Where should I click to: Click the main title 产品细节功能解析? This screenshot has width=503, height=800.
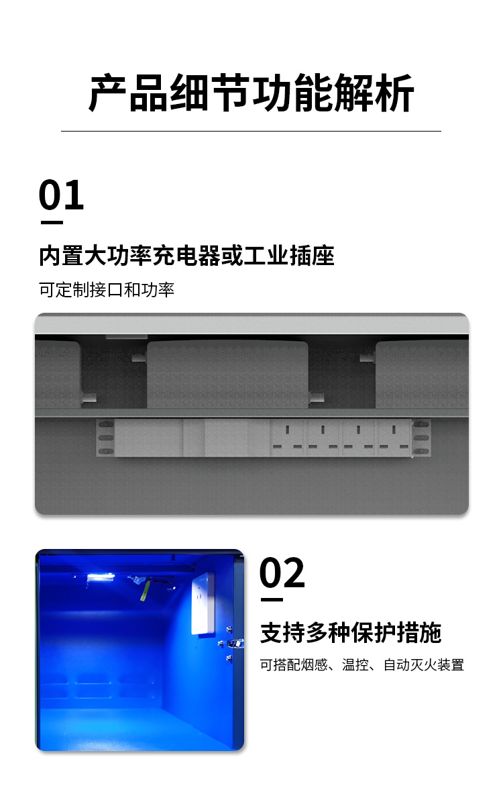pos(251,93)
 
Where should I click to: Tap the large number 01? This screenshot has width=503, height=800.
pos(61,195)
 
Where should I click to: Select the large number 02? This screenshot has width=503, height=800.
pos(282,572)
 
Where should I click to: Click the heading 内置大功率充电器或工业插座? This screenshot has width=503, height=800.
pos(187,256)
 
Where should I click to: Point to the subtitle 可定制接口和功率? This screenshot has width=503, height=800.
pos(107,290)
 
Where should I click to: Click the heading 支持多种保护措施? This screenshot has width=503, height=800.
pos(351,633)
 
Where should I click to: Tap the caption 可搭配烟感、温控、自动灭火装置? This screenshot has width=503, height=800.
pos(362,665)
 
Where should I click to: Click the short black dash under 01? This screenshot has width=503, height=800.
pos(52,222)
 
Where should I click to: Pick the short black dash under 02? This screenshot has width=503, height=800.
pos(272,599)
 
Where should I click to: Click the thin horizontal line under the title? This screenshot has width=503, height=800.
pos(251,131)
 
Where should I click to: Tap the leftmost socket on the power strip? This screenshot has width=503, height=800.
pos(288,438)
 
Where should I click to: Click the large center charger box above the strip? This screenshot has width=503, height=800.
pos(227,374)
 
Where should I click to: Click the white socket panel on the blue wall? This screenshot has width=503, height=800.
pos(203,602)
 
